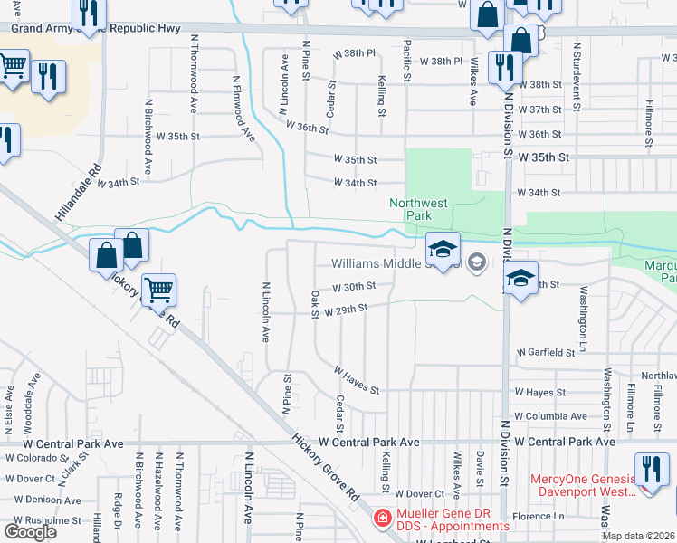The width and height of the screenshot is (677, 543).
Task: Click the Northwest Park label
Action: click(x=418, y=209)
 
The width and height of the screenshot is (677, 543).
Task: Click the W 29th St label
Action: click(x=346, y=309)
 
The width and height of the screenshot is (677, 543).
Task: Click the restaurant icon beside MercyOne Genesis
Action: click(x=652, y=470)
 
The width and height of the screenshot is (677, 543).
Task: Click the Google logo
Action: click(x=29, y=531)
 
